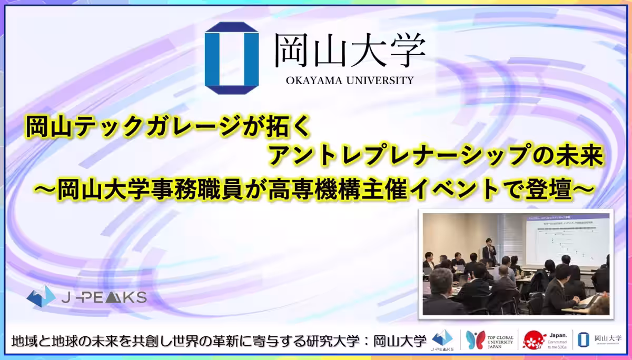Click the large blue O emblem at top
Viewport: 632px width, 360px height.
232,58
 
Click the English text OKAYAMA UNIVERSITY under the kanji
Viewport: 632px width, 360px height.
350,81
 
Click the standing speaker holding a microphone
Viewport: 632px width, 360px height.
489,252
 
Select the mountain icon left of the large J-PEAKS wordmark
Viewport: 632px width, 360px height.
41,296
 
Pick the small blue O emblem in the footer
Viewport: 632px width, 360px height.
583,340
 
